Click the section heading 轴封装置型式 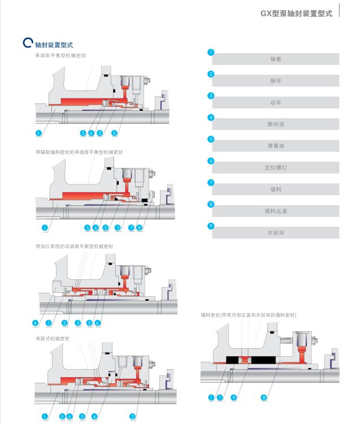(54, 44)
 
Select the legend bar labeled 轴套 (276, 59)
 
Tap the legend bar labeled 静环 (276, 81)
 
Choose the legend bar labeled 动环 (276, 102)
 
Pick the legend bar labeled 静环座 (276, 124)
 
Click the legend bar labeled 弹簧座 (276, 145)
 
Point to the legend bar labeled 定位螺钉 (276, 167)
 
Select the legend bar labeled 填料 (276, 189)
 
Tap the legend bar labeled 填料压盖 (276, 211)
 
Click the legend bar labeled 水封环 (276, 232)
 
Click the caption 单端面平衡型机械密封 (60, 55)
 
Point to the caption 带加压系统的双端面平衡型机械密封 (75, 246)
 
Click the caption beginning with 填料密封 (248, 314)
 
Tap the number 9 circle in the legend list (211, 226)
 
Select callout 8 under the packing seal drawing (264, 398)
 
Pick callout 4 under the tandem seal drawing (94, 417)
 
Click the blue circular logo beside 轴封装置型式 (27, 43)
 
